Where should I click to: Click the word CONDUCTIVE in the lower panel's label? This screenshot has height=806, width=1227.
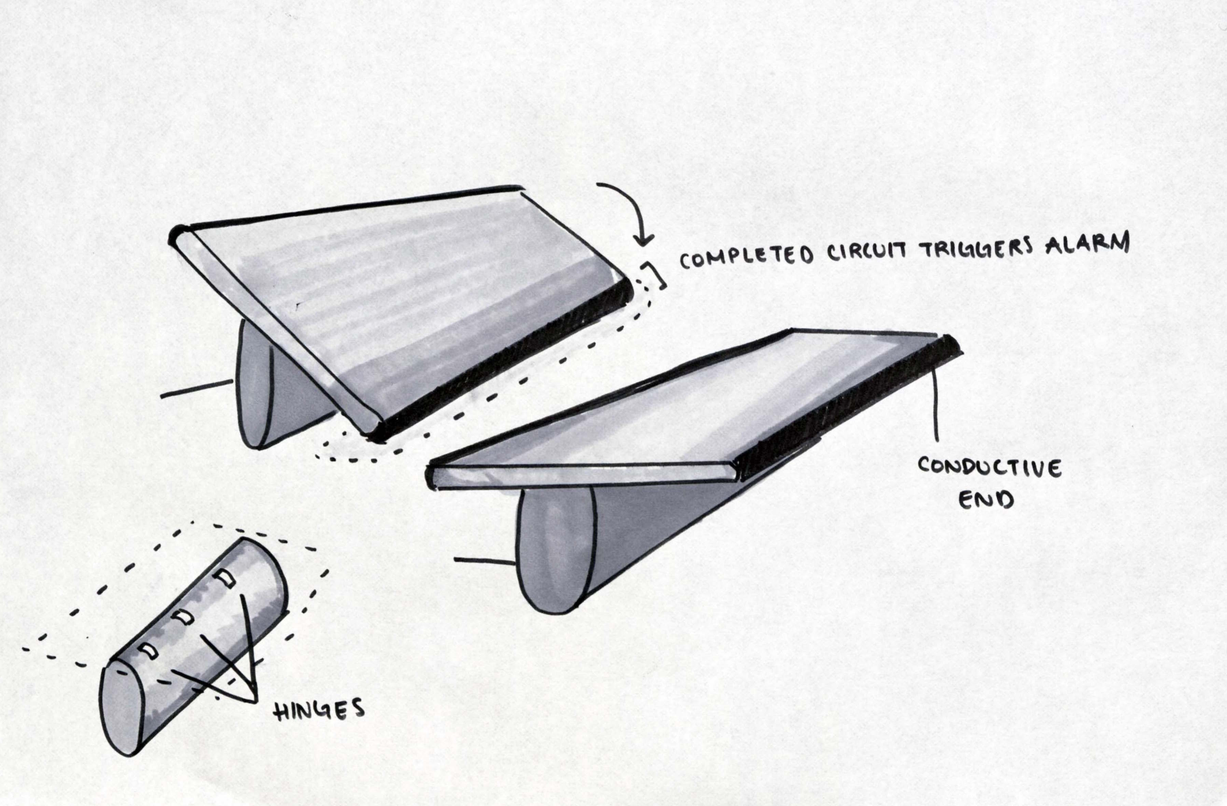(989, 468)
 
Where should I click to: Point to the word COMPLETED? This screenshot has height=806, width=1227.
(748, 256)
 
